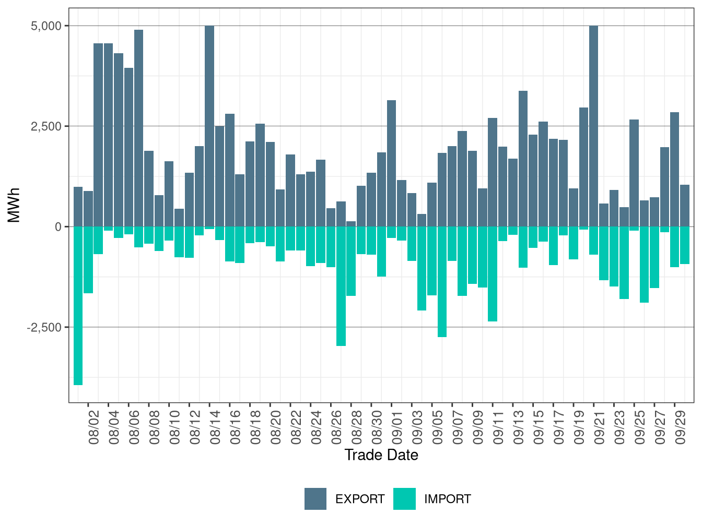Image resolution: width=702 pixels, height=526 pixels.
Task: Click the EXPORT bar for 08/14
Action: pyautogui.click(x=209, y=126)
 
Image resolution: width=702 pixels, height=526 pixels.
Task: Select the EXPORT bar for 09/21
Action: pyautogui.click(x=593, y=126)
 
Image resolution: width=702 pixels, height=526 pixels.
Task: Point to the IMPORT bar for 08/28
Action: pyautogui.click(x=351, y=261)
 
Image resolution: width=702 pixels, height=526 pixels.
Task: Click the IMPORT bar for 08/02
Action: pyautogui.click(x=88, y=260)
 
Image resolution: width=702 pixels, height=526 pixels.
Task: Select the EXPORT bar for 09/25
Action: pyautogui.click(x=634, y=173)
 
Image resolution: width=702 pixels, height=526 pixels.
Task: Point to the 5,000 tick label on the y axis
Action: pyautogui.click(x=46, y=26)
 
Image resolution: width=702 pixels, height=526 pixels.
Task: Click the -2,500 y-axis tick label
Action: pyautogui.click(x=44, y=327)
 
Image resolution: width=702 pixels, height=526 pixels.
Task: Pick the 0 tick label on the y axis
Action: pyautogui.click(x=58, y=226)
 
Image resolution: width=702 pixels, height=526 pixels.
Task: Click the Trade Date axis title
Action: pyautogui.click(x=381, y=455)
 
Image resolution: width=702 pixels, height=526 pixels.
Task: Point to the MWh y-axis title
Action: pyautogui.click(x=14, y=205)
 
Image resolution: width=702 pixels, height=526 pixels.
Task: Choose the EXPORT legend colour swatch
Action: pyautogui.click(x=315, y=499)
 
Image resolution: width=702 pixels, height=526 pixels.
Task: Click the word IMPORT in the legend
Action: pyautogui.click(x=447, y=499)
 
